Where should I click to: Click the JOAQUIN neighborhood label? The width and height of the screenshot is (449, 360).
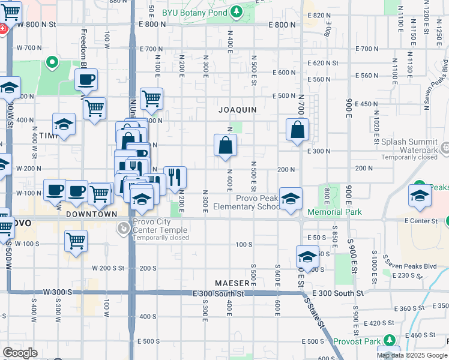tap(238, 110)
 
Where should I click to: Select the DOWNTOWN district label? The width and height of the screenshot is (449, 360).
tap(92, 214)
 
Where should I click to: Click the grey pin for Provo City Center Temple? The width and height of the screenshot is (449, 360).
tap(124, 228)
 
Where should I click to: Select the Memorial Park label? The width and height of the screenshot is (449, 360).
tap(334, 212)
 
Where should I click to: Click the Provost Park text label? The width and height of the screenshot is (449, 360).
tap(356, 341)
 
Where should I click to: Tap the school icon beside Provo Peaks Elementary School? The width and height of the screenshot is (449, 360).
tap(291, 199)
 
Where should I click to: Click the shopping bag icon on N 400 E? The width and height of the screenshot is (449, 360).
tap(225, 145)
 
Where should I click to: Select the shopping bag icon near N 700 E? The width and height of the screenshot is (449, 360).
tap(297, 129)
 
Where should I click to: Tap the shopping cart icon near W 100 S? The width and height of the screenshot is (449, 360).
tap(76, 241)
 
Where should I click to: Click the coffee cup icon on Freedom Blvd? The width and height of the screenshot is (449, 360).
tap(86, 79)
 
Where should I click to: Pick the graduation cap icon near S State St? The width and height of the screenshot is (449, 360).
tap(307, 256)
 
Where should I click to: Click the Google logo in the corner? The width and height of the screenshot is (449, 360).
tap(20, 353)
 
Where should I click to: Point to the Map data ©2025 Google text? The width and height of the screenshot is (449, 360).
tap(411, 355)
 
